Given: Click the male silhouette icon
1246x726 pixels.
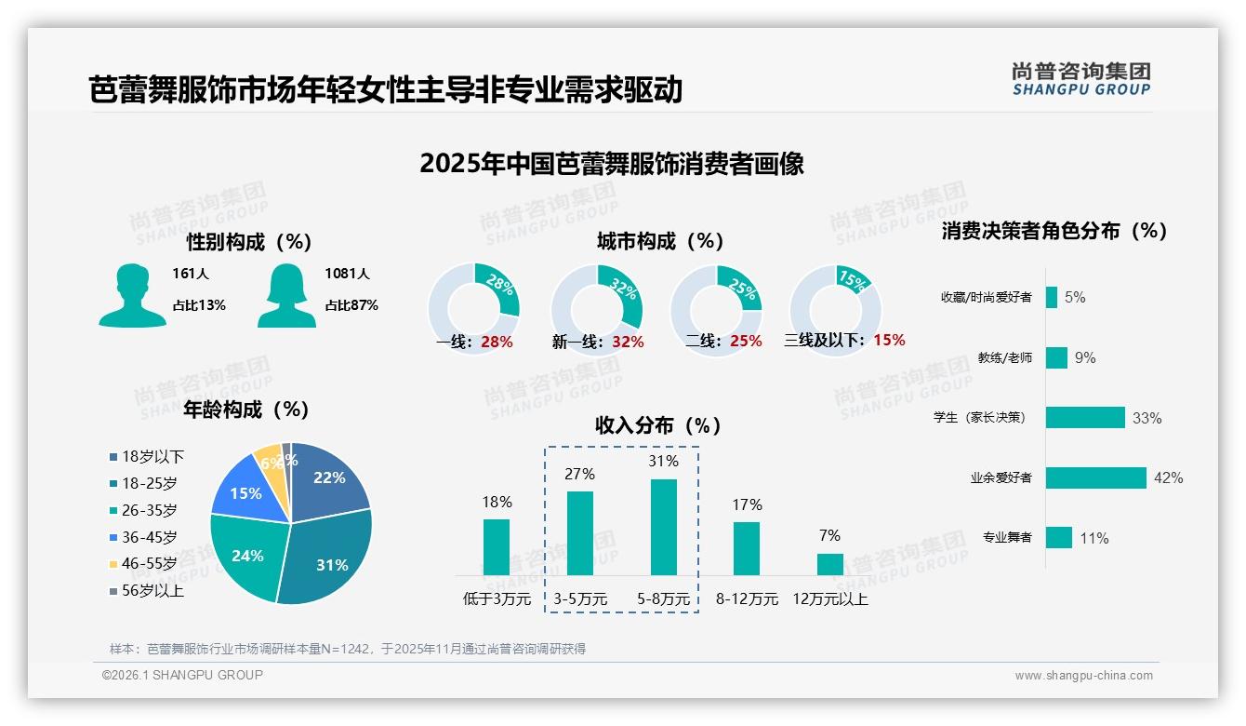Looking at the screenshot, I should click(x=132, y=296).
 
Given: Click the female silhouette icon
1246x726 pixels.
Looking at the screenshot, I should click(x=286, y=296).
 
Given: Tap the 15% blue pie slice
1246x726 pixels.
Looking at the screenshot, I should click(x=245, y=492).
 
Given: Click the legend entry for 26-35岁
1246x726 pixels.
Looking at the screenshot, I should click(x=149, y=510).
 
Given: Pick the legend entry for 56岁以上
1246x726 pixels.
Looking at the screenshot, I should click(x=152, y=590).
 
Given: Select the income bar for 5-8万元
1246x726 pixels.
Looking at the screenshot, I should click(x=663, y=527).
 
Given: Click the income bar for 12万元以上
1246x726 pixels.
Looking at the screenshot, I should click(x=829, y=564).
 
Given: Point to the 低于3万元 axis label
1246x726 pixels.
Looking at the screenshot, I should click(x=497, y=599).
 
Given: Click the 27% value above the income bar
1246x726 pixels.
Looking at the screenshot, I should click(x=579, y=474).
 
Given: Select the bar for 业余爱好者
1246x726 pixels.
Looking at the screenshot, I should click(x=1095, y=477).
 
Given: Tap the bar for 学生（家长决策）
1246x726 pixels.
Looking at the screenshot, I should click(x=1085, y=417).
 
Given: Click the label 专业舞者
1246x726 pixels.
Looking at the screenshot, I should click(x=1007, y=538).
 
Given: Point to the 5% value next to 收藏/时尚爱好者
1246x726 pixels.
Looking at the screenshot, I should click(x=1075, y=298).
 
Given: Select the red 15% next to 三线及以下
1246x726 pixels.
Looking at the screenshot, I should click(x=889, y=340).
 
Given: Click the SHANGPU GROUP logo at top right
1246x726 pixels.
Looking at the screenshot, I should click(x=1080, y=79).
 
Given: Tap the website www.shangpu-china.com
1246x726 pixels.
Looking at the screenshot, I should click(x=1083, y=676).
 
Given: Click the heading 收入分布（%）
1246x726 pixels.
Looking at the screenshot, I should click(x=658, y=425).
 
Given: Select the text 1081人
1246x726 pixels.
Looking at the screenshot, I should click(x=347, y=274).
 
